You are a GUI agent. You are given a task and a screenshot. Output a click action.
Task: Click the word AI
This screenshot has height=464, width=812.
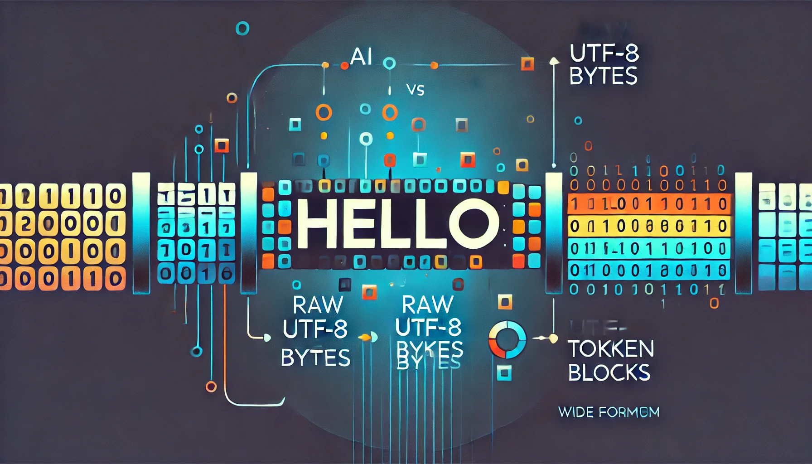click(361, 57)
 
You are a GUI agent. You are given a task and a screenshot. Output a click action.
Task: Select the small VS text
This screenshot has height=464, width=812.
click(415, 90)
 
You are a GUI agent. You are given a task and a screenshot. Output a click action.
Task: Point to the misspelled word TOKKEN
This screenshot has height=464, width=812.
click(611, 349)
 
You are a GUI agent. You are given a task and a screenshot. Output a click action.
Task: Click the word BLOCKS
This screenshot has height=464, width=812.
click(609, 373)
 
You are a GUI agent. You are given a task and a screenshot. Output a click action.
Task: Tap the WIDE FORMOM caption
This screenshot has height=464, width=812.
click(609, 412)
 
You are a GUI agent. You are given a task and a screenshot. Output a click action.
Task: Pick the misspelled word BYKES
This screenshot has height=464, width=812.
click(429, 349)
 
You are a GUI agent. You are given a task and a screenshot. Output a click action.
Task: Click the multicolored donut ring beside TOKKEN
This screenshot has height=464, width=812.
click(507, 340)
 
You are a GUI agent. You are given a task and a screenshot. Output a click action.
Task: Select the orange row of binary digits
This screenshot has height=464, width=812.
click(649, 204)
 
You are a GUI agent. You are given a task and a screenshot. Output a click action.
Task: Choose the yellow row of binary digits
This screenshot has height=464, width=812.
click(649, 226)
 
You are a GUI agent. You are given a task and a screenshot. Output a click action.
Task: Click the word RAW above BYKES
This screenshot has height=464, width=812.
click(427, 304)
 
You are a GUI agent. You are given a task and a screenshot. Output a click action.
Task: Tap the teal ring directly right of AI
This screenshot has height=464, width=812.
click(389, 63)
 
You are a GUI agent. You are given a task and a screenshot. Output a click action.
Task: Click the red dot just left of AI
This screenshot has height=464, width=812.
click(344, 66)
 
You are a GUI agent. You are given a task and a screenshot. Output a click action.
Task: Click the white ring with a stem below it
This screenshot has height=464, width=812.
click(366, 139)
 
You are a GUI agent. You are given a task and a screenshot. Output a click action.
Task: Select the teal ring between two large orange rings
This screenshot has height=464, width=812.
click(365, 109)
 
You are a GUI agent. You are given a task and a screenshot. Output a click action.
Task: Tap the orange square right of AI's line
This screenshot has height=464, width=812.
click(527, 63)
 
